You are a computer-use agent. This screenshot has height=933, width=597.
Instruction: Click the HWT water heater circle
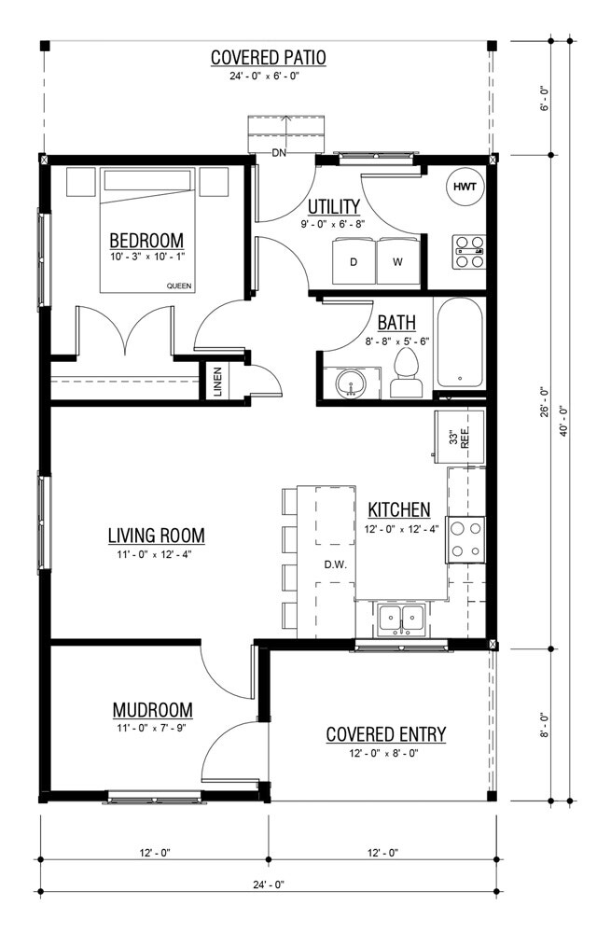[x=465, y=188]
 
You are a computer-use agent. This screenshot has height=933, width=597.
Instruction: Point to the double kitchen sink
[x=402, y=618]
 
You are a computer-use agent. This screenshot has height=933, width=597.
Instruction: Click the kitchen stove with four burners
[x=465, y=539]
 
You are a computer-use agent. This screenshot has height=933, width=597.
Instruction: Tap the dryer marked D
[x=354, y=262]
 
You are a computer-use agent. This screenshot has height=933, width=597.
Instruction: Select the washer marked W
[x=397, y=262]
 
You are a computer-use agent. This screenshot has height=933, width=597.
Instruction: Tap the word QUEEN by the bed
[x=179, y=285]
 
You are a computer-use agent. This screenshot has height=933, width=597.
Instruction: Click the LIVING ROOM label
[x=156, y=536]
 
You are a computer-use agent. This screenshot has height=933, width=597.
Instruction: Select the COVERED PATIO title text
[x=269, y=58]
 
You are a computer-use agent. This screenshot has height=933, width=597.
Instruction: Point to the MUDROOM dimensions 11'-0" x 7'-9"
[x=152, y=727]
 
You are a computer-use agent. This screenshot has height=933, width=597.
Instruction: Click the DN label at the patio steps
[x=278, y=152]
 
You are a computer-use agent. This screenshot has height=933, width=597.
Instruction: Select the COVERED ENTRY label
[x=385, y=735]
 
